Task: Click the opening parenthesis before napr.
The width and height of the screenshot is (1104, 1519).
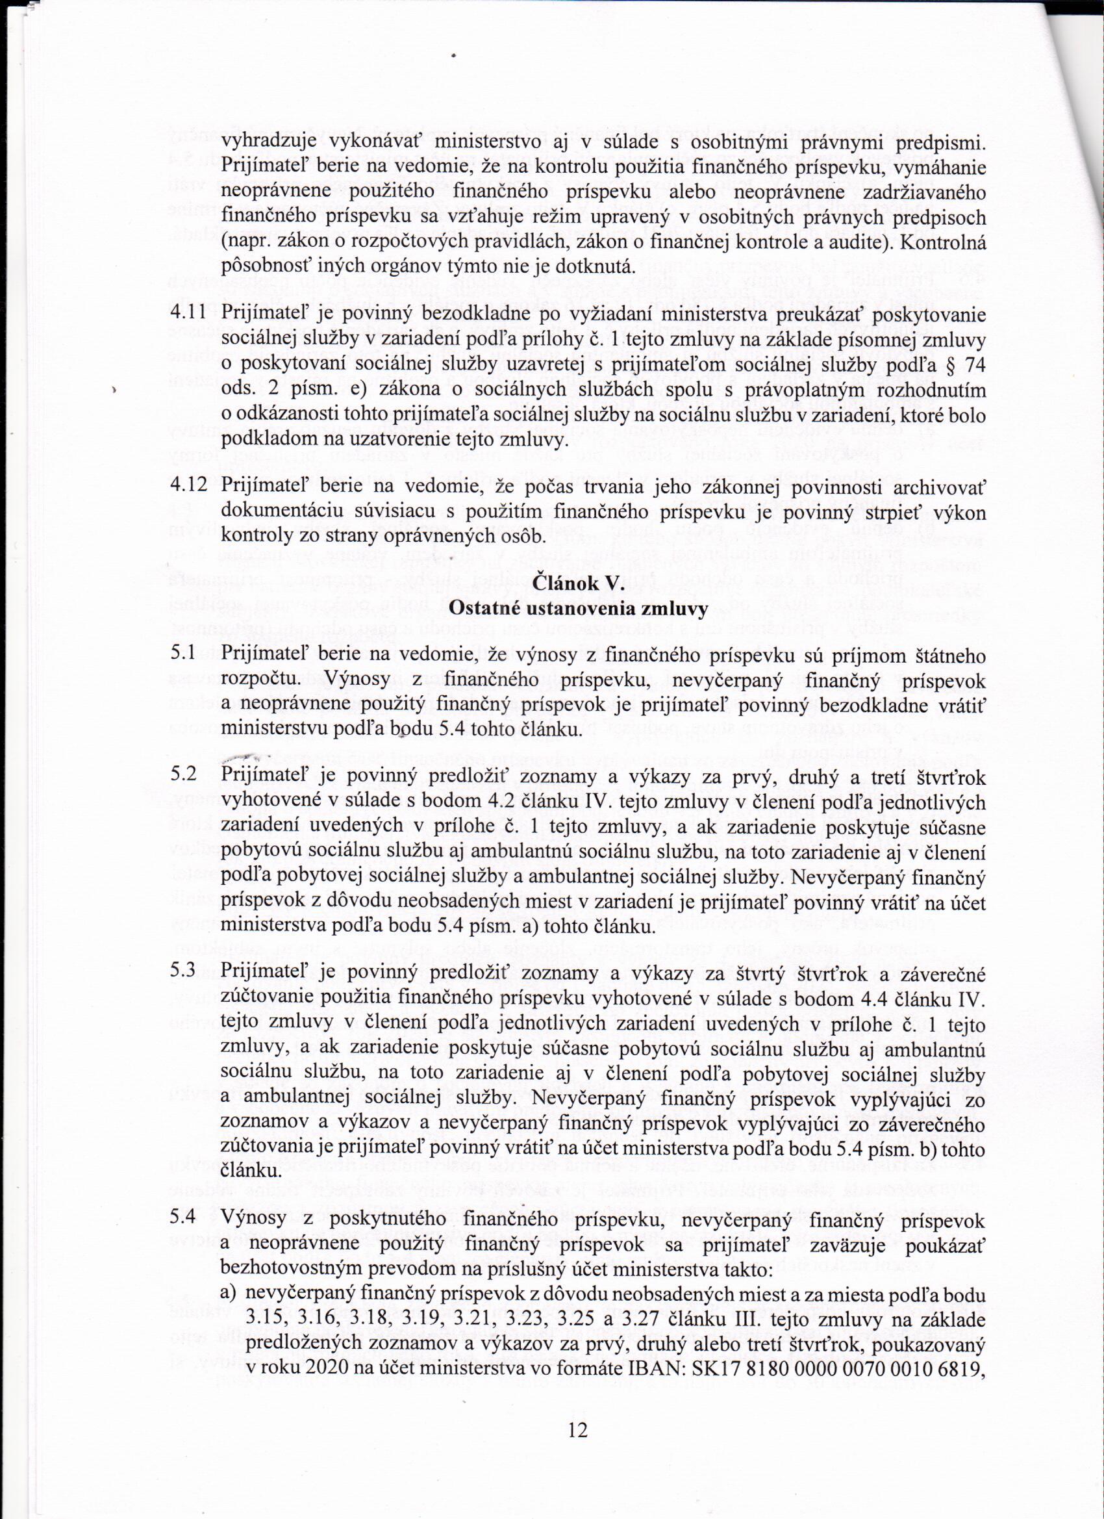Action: (223, 244)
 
